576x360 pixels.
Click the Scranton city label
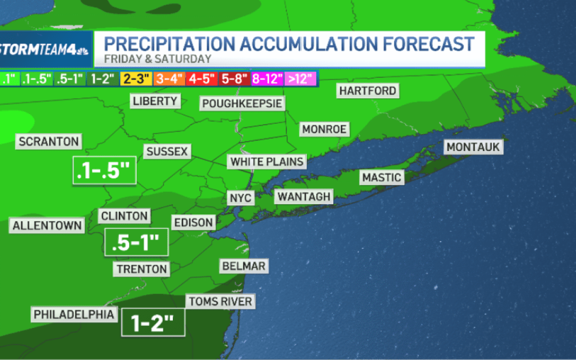coord(49,142)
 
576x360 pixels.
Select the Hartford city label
coord(368,91)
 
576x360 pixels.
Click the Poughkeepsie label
coord(242,103)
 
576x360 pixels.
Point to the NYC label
coord(240,198)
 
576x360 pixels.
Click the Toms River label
coord(219,302)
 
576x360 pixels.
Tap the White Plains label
coord(267,162)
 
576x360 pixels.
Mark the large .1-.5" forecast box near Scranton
coord(105,170)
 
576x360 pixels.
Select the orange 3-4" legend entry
coord(169,79)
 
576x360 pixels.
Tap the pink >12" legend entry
coord(301,79)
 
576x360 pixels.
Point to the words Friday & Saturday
coord(158,59)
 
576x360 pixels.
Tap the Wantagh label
coord(303,197)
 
